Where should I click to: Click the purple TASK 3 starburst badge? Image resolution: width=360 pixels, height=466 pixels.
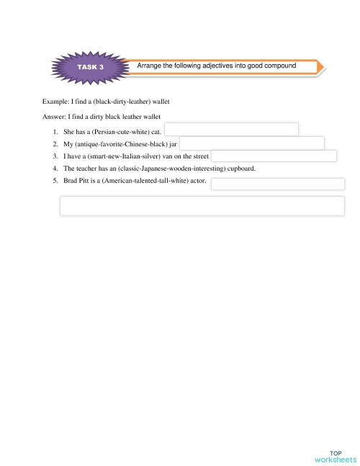click(x=90, y=66)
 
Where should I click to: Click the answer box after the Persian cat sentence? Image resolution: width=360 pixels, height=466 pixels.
click(x=231, y=129)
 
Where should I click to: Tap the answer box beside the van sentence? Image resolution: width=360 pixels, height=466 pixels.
click(x=274, y=156)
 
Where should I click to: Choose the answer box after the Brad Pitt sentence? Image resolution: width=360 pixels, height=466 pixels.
click(x=277, y=183)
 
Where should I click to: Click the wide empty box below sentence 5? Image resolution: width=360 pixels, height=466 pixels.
click(x=202, y=205)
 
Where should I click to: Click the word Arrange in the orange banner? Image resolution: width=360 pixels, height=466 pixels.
click(x=150, y=66)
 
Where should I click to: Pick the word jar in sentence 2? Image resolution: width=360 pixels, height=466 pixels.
click(x=173, y=144)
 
